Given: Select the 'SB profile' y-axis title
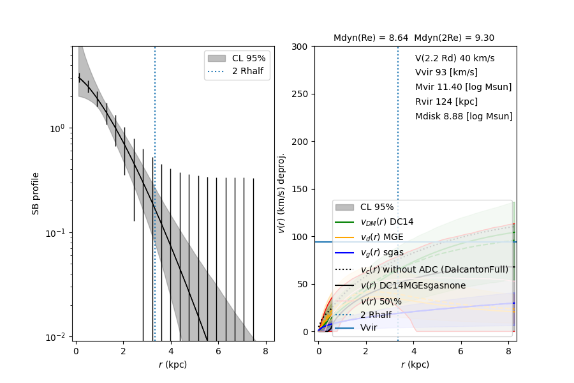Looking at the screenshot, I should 36,193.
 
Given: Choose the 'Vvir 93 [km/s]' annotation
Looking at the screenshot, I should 446,73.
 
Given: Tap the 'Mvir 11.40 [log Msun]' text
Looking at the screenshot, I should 463,87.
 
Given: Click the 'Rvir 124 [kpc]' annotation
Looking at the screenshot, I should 446,102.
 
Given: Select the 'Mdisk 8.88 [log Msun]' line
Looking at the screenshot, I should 464,117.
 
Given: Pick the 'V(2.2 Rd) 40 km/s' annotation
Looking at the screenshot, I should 455,58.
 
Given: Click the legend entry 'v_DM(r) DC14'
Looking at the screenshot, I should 386,222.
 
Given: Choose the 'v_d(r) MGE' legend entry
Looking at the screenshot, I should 382,237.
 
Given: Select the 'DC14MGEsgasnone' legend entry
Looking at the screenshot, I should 413,285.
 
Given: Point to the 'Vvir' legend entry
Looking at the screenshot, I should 369,327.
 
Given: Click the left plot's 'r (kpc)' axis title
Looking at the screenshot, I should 173,364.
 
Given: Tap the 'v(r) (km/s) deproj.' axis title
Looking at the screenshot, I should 281,193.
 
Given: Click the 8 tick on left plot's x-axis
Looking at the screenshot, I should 265,351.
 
